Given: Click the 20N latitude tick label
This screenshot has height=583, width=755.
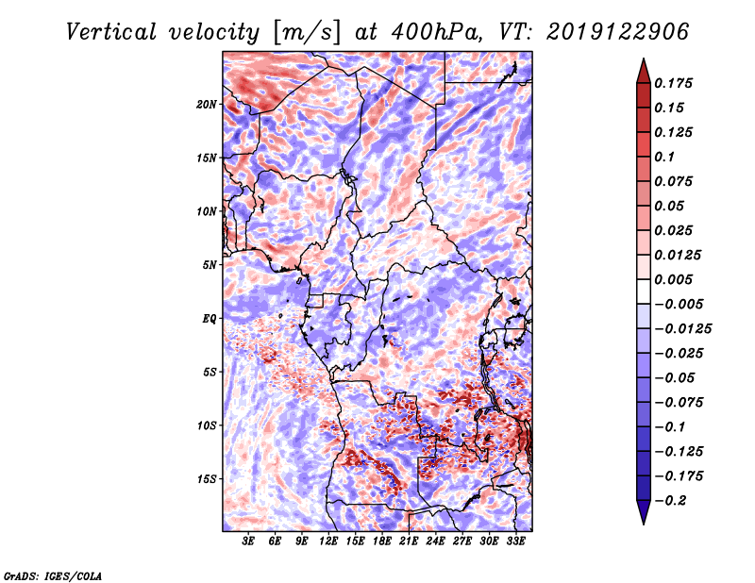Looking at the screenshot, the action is [x=207, y=105].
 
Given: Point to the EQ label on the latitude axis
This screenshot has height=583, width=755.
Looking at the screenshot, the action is [x=210, y=319].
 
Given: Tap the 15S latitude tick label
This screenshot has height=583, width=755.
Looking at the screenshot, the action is [x=207, y=479].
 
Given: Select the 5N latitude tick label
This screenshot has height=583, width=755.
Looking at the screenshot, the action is [x=210, y=265].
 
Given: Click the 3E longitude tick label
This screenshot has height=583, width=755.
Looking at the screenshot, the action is [x=248, y=541].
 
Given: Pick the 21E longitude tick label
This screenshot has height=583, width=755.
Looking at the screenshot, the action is [x=409, y=541].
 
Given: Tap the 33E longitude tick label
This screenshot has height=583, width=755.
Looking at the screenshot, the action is [x=515, y=541].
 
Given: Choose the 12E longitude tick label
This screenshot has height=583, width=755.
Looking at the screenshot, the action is [x=328, y=541].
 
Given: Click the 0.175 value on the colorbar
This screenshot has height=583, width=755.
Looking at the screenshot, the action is [x=673, y=83].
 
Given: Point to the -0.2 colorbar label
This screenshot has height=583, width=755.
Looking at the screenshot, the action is [x=670, y=501].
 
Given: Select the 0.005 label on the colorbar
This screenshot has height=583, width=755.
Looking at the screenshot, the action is [x=673, y=279].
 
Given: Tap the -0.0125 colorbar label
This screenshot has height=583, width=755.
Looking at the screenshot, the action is [x=682, y=329].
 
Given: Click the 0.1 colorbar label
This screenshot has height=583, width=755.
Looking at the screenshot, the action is [x=664, y=157].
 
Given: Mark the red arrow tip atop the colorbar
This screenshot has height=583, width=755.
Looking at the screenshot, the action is [x=644, y=58].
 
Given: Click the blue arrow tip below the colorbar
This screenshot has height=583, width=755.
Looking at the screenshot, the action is [x=644, y=525].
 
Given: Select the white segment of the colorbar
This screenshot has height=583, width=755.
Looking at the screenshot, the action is [x=644, y=291].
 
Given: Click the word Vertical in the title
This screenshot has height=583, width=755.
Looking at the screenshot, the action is [x=111, y=32].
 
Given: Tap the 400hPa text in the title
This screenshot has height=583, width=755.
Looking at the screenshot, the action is [x=436, y=32].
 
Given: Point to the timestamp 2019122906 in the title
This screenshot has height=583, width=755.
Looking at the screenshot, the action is [x=618, y=32].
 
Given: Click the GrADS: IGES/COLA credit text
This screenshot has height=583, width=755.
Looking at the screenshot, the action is [x=53, y=576].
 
